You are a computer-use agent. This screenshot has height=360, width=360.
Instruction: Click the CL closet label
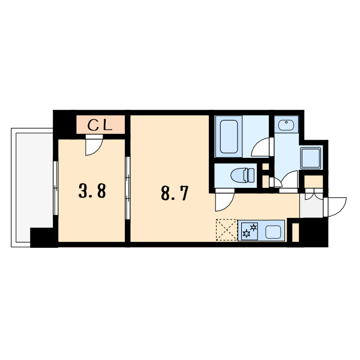(x=100, y=125)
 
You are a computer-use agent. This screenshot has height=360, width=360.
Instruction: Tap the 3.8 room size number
(x=92, y=191)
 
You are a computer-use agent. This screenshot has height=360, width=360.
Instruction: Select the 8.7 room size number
(x=175, y=193)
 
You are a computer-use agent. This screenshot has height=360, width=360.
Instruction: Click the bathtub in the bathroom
(x=229, y=136)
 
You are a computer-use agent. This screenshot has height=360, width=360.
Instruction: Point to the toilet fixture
(x=242, y=176)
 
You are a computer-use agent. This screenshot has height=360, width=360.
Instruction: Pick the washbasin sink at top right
(x=286, y=125)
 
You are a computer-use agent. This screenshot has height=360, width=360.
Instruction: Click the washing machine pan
(x=310, y=158)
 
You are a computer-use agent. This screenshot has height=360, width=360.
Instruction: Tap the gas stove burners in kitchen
(x=250, y=231)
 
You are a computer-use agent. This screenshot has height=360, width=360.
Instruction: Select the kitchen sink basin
(x=273, y=232)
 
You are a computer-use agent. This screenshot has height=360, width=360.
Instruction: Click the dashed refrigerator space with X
(x=227, y=230)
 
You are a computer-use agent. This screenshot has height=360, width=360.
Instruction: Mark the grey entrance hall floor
(x=311, y=205)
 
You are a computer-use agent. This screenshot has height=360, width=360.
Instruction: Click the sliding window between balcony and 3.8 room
(x=55, y=188)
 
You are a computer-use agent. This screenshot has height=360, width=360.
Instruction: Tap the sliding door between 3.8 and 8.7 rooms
(x=128, y=188)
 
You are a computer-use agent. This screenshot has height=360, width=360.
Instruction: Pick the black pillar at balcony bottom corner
(x=44, y=238)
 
